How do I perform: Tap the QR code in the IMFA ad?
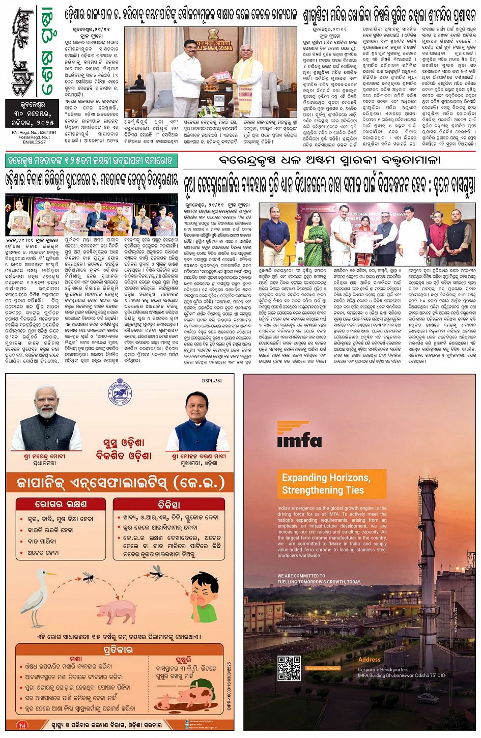coord(289,668)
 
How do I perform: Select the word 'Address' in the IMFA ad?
coord(369,659)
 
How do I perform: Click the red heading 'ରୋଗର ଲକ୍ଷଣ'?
coord(60,504)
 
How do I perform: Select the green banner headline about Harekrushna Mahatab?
coord(91,161)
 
